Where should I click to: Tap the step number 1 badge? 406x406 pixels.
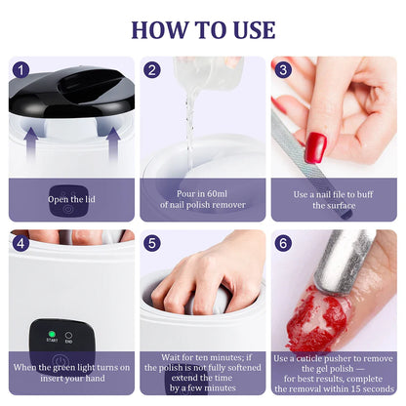(x=21, y=70)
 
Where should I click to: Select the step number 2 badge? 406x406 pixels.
(x=152, y=70)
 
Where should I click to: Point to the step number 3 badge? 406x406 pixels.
(x=283, y=70)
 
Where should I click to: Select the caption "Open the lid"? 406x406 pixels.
(x=71, y=200)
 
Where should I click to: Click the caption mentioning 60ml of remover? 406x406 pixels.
(x=202, y=200)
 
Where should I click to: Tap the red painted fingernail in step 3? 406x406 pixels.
(x=315, y=147)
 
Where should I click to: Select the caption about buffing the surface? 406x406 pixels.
(x=334, y=200)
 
